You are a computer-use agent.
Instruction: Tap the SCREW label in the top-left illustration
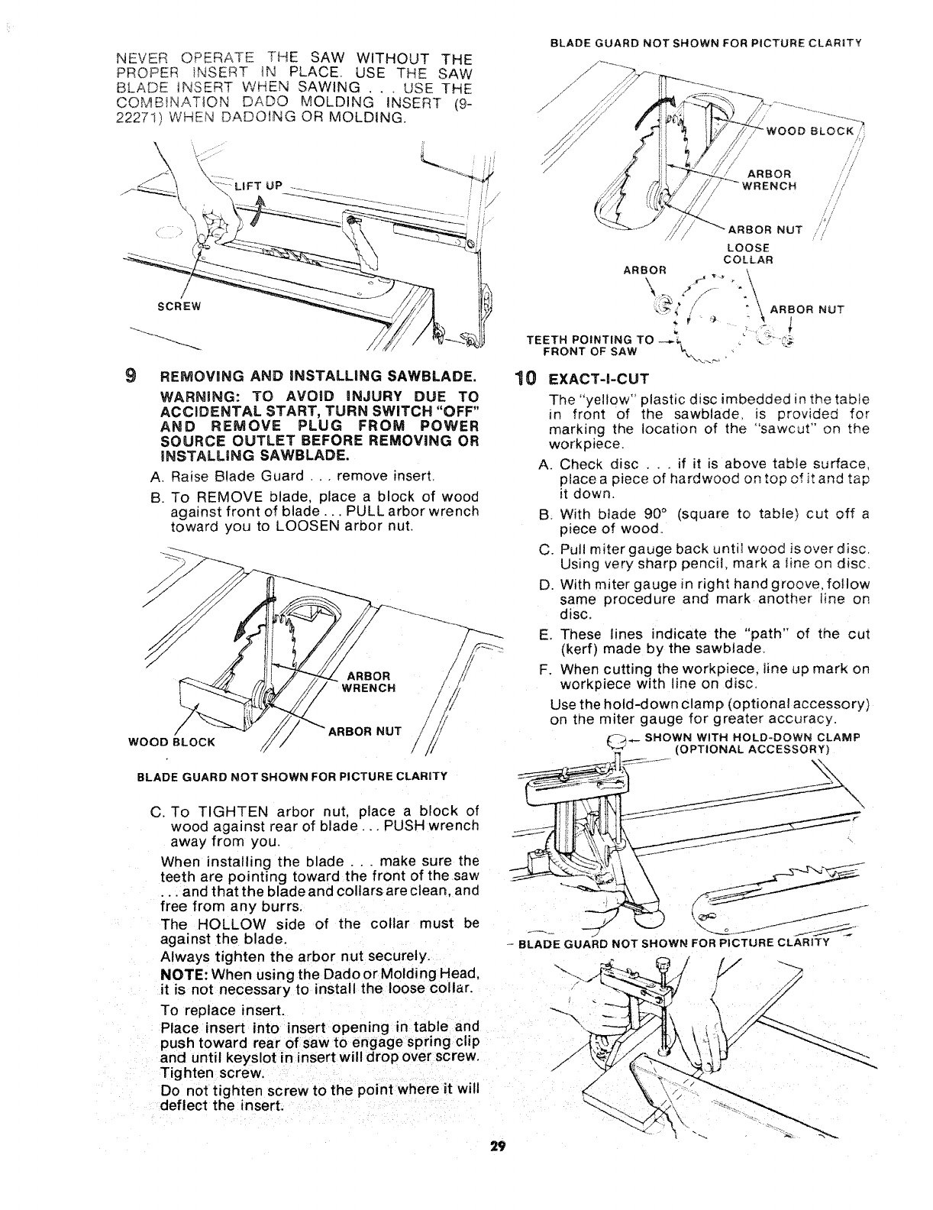pyautogui.click(x=178, y=307)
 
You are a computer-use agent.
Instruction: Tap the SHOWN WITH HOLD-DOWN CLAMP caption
pyautogui.click(x=752, y=737)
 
